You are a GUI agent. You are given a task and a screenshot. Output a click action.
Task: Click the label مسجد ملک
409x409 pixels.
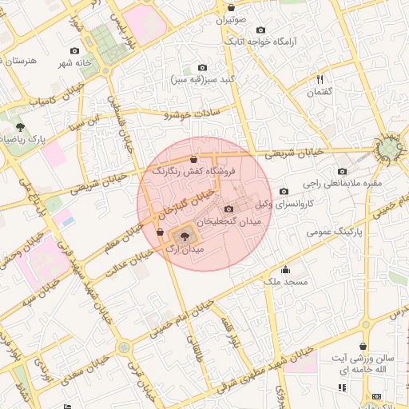[284, 282]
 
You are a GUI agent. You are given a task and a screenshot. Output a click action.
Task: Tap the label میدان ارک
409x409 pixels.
[185, 250]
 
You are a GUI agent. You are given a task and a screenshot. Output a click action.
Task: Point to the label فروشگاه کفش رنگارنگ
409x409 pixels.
[194, 171]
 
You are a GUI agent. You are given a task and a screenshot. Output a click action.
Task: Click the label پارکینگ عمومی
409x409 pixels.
[335, 232]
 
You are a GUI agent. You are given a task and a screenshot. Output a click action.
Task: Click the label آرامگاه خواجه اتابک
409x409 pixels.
[261, 41]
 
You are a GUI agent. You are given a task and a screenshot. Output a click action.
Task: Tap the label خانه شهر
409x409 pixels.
[76, 62]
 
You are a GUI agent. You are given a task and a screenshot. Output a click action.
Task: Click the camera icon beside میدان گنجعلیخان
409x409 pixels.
[229, 208]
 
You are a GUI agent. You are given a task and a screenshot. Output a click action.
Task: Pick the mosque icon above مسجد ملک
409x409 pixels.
[285, 270]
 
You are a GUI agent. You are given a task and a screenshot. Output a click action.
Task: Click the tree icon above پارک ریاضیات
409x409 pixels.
[20, 126]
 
